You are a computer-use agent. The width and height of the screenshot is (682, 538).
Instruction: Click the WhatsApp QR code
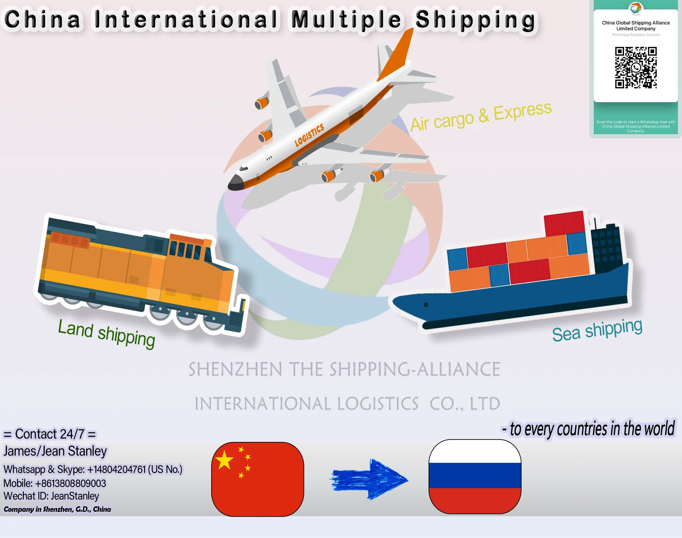click(x=636, y=68)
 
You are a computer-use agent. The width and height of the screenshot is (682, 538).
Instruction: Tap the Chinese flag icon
click(x=258, y=479)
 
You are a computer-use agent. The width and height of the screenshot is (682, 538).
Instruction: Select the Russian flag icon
click(x=475, y=476)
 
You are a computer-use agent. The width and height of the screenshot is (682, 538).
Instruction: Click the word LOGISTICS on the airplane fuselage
click(x=309, y=135)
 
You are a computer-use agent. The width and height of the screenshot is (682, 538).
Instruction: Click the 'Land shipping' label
click(x=106, y=333)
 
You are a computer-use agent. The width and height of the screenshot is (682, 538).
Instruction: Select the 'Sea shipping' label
click(x=597, y=330)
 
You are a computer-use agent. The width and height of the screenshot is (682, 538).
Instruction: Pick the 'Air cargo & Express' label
click(x=481, y=117)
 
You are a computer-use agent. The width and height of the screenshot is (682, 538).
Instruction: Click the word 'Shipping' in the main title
click(x=475, y=20)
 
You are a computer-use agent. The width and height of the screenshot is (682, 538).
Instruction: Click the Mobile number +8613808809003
click(x=55, y=483)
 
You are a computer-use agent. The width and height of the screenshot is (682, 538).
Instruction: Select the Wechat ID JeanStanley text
click(x=51, y=496)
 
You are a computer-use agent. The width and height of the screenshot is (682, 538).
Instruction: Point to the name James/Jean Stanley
click(x=55, y=451)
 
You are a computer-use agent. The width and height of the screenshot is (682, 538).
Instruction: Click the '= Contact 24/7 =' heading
click(x=50, y=434)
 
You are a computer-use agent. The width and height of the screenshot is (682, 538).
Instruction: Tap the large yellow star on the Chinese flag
click(x=224, y=460)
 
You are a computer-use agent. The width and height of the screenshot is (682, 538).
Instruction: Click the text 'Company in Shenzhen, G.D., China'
click(x=57, y=509)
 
